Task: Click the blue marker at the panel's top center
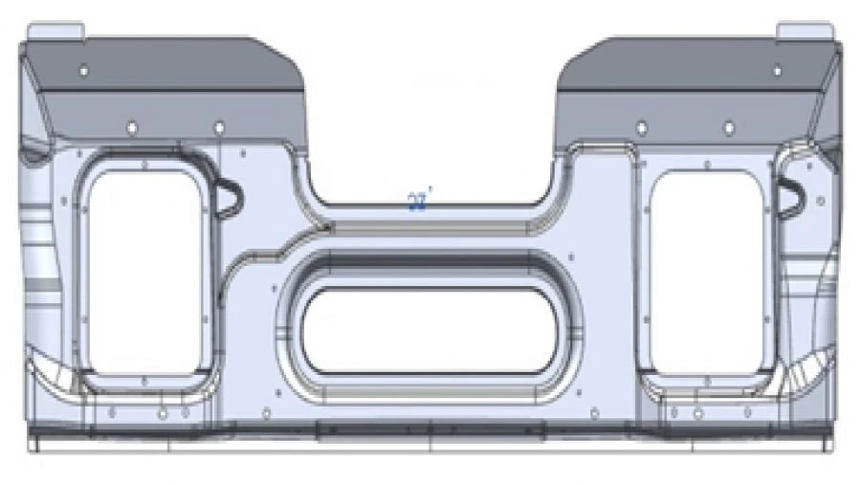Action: click(x=418, y=201)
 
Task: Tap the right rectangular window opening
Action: click(x=704, y=272)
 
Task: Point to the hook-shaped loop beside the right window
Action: click(x=790, y=196)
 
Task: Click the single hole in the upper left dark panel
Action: click(x=83, y=71)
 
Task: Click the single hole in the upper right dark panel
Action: click(x=777, y=71)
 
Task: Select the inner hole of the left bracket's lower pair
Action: click(x=219, y=127)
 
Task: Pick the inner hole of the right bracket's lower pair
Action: click(x=641, y=127)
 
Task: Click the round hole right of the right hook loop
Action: click(x=820, y=201)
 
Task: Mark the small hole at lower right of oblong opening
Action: click(x=594, y=413)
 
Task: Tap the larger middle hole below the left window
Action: click(x=163, y=414)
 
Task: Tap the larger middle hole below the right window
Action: click(x=698, y=414)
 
